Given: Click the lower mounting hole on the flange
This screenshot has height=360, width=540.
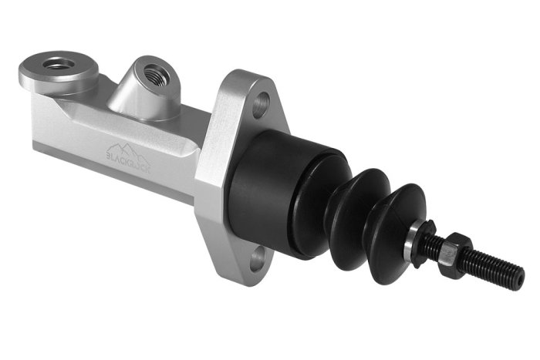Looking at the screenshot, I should (259, 254).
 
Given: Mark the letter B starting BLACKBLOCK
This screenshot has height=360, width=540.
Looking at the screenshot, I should (108, 153).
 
